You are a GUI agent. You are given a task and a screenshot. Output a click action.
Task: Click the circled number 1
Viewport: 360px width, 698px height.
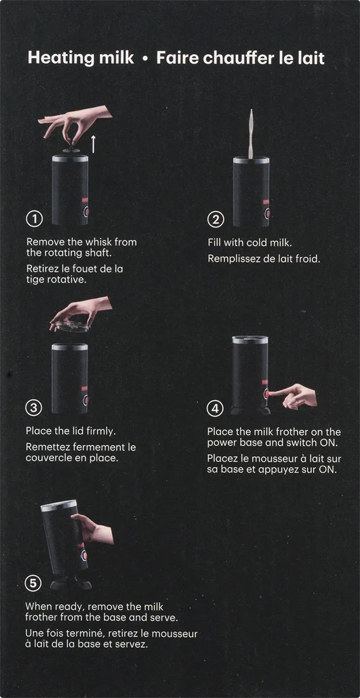click(x=34, y=219)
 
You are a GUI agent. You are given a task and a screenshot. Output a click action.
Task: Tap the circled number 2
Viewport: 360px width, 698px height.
click(x=216, y=219)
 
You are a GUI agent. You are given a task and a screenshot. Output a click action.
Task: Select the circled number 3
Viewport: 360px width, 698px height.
click(x=34, y=408)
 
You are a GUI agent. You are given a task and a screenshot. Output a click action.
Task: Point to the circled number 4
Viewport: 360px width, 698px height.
click(x=215, y=408)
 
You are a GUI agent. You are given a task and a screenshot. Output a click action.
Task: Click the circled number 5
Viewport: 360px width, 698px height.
click(x=33, y=583)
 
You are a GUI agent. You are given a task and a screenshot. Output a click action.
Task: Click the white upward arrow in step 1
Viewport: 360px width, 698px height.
click(x=93, y=144)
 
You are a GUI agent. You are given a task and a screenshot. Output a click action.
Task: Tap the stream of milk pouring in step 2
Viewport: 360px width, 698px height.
click(x=251, y=133)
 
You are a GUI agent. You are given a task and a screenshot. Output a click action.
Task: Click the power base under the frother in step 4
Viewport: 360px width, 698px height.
click(x=250, y=411)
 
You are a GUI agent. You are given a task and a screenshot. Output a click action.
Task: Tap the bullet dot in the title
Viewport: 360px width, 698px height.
click(x=145, y=59)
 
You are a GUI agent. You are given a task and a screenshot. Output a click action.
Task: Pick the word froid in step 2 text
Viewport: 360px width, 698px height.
click(x=308, y=259)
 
